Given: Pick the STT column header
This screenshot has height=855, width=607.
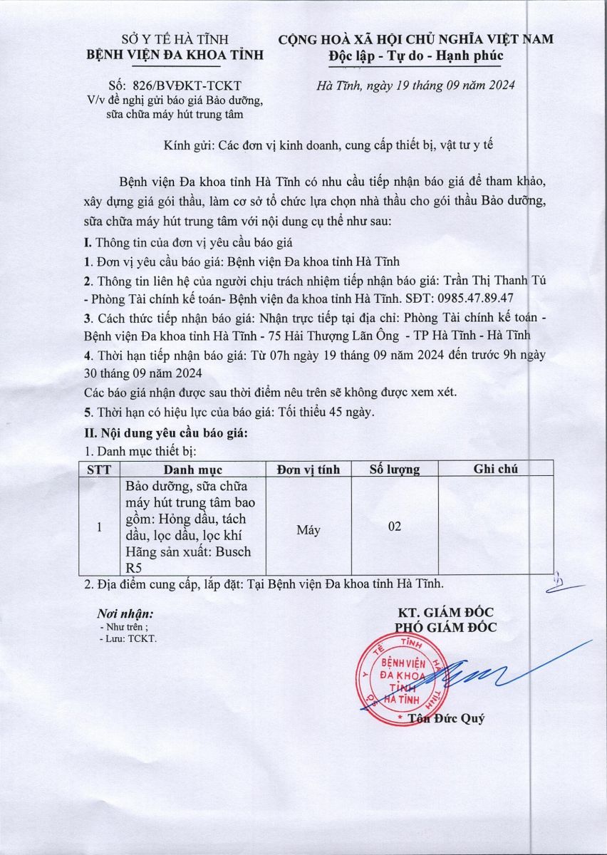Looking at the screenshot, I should [x=98, y=469].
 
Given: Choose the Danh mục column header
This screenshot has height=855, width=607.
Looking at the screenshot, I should [x=192, y=469].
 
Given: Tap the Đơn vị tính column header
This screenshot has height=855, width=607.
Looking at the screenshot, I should [x=308, y=469].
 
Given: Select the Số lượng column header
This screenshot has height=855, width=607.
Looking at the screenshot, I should [x=395, y=469].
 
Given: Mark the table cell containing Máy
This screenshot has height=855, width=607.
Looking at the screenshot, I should [x=308, y=529].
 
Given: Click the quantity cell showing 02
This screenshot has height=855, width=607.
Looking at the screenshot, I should [x=395, y=527].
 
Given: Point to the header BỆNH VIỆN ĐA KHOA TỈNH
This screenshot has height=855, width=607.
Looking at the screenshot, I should [x=175, y=55].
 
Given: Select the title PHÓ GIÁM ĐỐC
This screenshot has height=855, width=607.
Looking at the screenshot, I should [x=446, y=628].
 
